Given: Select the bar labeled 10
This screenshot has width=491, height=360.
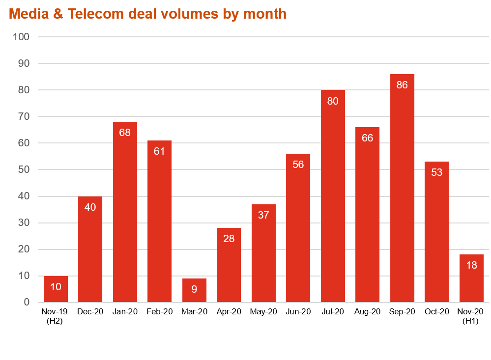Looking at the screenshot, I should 56,290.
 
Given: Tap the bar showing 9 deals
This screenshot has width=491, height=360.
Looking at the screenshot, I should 194,291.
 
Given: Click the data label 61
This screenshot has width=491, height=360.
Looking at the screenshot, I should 160,151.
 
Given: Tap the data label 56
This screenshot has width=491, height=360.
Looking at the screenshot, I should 298,165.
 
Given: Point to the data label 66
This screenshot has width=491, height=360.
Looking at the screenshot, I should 368,138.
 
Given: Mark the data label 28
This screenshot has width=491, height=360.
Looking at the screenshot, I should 229,239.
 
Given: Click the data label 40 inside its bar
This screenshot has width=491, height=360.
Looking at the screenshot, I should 90,207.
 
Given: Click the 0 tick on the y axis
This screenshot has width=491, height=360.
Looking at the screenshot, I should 27,303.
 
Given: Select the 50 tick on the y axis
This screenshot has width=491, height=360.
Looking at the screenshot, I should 24,169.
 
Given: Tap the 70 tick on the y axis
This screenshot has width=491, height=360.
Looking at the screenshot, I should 24,116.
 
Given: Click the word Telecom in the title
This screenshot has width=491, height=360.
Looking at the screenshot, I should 96,14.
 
